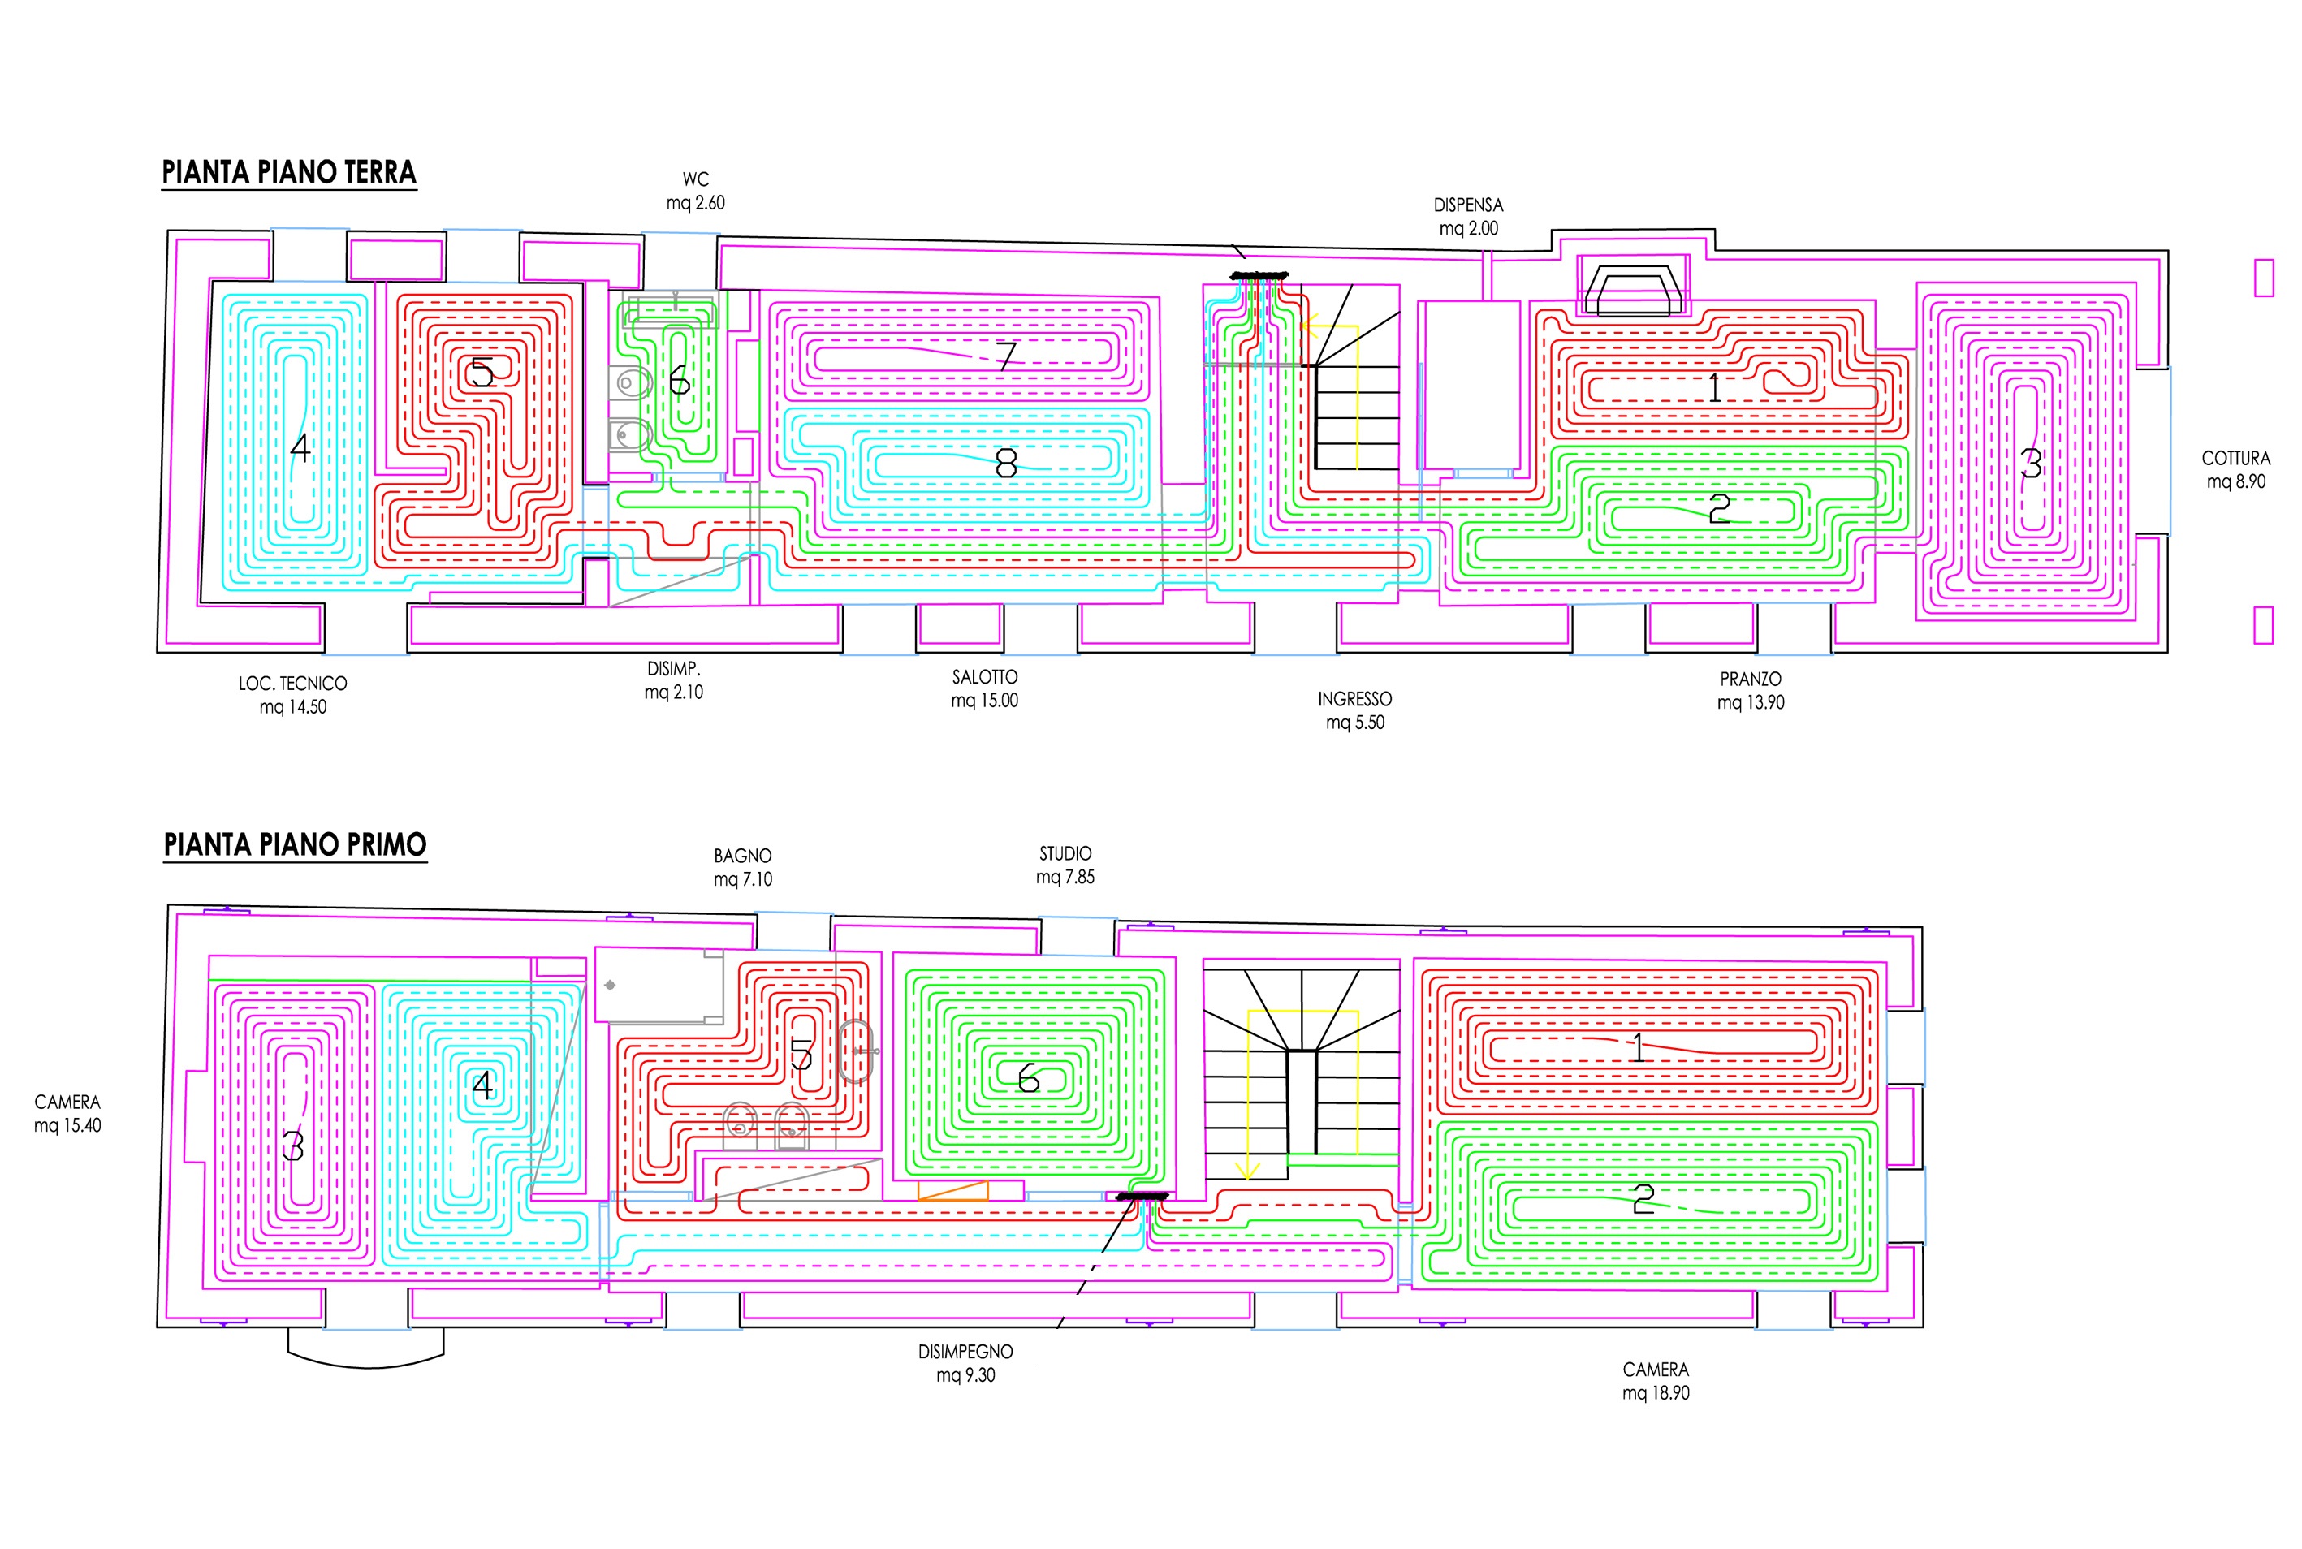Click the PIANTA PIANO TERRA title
(x=288, y=172)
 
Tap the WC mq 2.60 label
(x=696, y=191)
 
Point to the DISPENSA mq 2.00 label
(x=1468, y=216)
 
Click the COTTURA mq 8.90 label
(x=2235, y=469)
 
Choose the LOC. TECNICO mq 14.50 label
(x=292, y=694)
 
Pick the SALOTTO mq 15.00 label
(x=984, y=688)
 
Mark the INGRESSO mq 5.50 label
(x=1354, y=710)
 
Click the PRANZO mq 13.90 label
(x=1751, y=691)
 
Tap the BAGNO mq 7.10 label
(x=743, y=867)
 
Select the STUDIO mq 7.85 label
(x=1065, y=865)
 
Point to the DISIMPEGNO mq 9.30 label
(x=965, y=1363)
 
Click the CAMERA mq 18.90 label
(x=1656, y=1381)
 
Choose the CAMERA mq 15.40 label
(x=67, y=1113)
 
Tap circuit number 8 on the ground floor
(x=1006, y=462)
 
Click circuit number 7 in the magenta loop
(x=1006, y=356)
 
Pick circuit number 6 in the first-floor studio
(x=1029, y=1078)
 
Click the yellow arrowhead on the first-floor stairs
(x=1248, y=1171)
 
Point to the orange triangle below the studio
(x=953, y=1190)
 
